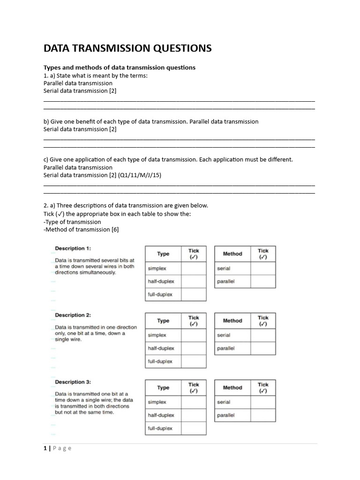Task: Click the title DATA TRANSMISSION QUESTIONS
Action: tap(127, 48)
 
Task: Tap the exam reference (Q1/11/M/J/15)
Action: tap(140, 175)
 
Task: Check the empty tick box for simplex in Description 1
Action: tap(194, 269)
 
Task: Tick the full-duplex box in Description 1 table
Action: tap(194, 294)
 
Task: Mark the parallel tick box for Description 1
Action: tap(263, 282)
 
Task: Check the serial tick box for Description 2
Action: tap(263, 335)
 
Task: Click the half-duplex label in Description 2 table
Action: tap(161, 348)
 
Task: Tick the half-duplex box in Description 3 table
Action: tap(194, 415)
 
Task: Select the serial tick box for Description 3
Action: tap(263, 402)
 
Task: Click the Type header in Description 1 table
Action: tap(163, 254)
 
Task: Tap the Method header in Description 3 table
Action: tap(232, 388)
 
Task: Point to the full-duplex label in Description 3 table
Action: tap(160, 428)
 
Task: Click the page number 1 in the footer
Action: tap(45, 448)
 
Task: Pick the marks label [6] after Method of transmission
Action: tap(115, 229)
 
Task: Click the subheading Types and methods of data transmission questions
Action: tap(120, 67)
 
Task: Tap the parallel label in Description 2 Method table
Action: tap(225, 348)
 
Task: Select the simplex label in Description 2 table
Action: tap(157, 335)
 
